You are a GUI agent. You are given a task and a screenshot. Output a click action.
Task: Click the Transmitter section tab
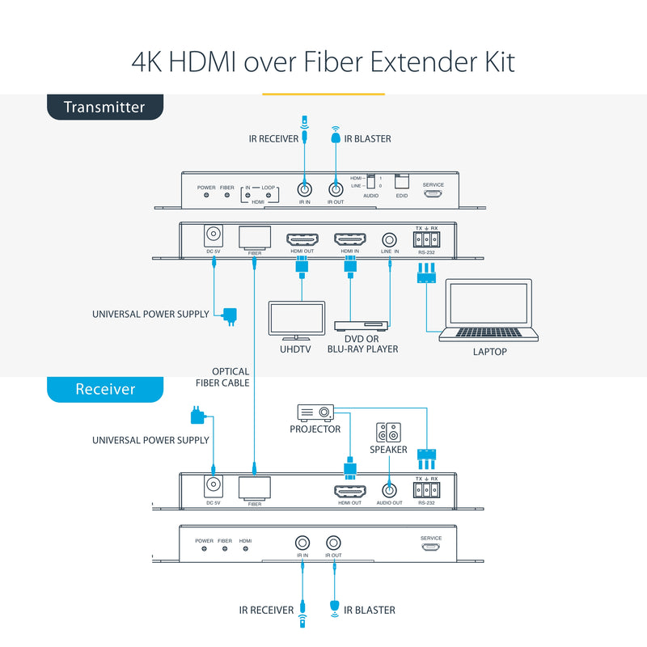[x=104, y=107]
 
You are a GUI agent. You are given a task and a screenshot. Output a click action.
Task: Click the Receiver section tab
[x=105, y=389]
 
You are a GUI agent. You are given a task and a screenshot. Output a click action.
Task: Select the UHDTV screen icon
[x=296, y=320]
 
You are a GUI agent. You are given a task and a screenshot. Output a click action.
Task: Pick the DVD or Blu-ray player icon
[x=362, y=325]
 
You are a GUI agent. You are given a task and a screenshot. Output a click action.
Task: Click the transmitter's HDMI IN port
[x=350, y=240]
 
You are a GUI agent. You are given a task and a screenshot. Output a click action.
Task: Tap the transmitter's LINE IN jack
[x=390, y=240]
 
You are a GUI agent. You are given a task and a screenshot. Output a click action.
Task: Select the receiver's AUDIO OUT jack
[x=389, y=489]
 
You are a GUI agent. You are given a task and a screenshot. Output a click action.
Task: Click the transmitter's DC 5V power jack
[x=214, y=236]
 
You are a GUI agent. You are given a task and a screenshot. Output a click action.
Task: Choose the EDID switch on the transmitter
[x=402, y=183]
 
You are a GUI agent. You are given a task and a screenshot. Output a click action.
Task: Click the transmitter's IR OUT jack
[x=334, y=190]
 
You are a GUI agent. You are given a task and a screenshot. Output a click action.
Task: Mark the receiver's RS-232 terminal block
[x=426, y=488]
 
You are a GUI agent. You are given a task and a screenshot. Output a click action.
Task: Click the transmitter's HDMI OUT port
[x=302, y=240]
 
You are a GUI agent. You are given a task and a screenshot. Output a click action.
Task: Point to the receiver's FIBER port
[x=255, y=487]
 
